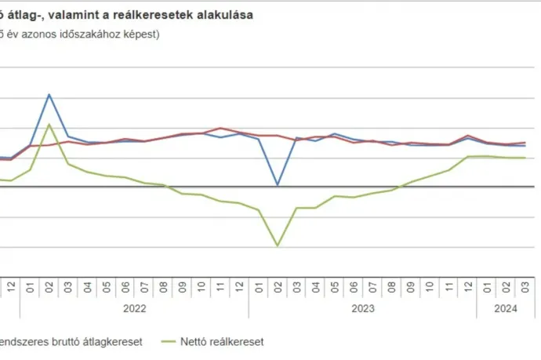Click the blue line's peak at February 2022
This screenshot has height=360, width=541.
(49, 95)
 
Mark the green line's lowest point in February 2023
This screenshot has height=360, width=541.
(278, 245)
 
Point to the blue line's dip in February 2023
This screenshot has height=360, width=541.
(278, 185)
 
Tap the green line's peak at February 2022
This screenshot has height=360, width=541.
(49, 125)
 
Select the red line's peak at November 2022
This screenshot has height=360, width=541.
(220, 128)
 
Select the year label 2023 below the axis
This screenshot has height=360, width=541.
(362, 309)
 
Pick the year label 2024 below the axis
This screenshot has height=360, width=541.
(505, 309)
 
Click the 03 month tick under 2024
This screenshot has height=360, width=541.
(524, 287)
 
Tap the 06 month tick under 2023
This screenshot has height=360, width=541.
(354, 287)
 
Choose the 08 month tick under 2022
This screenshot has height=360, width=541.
(163, 287)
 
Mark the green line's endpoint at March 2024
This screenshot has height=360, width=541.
(524, 158)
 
